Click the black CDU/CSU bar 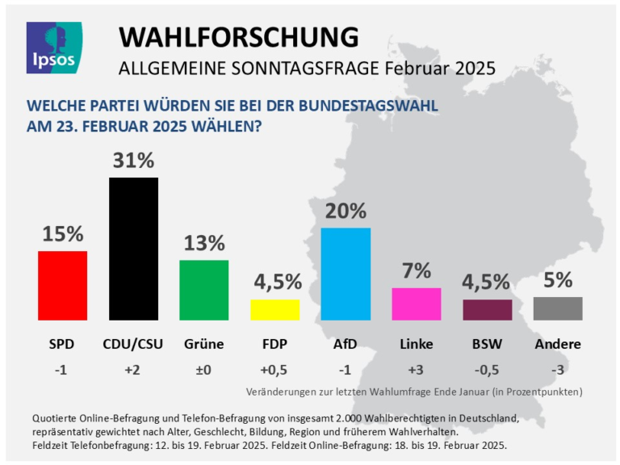(133, 249)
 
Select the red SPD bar (62, 285)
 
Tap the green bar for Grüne (203, 290)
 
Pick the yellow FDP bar (274, 310)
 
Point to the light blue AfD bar (346, 274)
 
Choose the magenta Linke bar (416, 304)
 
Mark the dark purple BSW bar (487, 310)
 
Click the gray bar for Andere (558, 308)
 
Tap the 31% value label (133, 161)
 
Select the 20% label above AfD (346, 212)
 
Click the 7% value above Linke (416, 272)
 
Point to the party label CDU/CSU (133, 345)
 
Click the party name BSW (487, 345)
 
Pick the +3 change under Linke (416, 371)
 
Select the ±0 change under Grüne (203, 371)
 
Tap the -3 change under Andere (558, 371)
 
